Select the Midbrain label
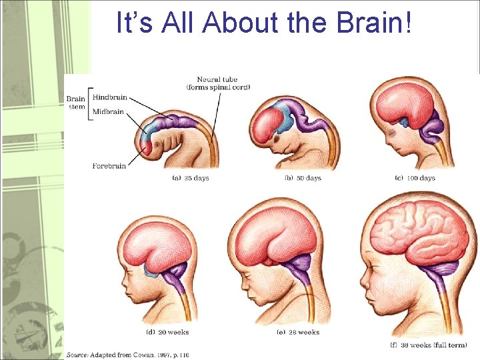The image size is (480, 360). (108, 111)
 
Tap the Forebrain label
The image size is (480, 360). (109, 165)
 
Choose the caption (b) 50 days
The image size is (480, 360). (303, 178)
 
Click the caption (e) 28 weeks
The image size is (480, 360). (299, 332)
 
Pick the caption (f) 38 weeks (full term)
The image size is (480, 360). (427, 345)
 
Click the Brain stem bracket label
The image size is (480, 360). (76, 103)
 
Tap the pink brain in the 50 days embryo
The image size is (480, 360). (268, 123)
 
